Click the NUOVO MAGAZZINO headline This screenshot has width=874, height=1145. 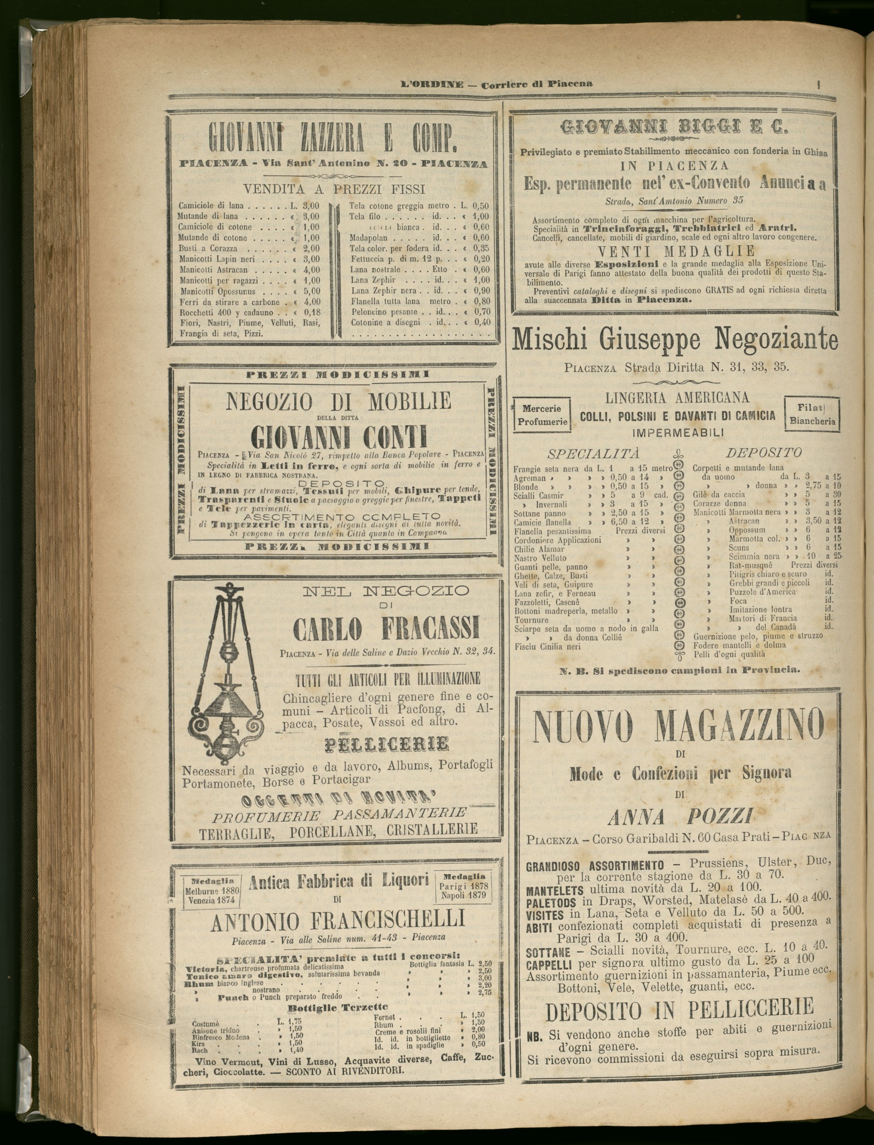679,727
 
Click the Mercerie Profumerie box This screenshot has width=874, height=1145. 542,415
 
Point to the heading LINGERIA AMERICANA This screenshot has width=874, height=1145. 677,398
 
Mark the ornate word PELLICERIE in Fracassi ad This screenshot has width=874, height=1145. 386,744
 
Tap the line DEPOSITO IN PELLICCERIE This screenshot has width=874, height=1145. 679,1010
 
